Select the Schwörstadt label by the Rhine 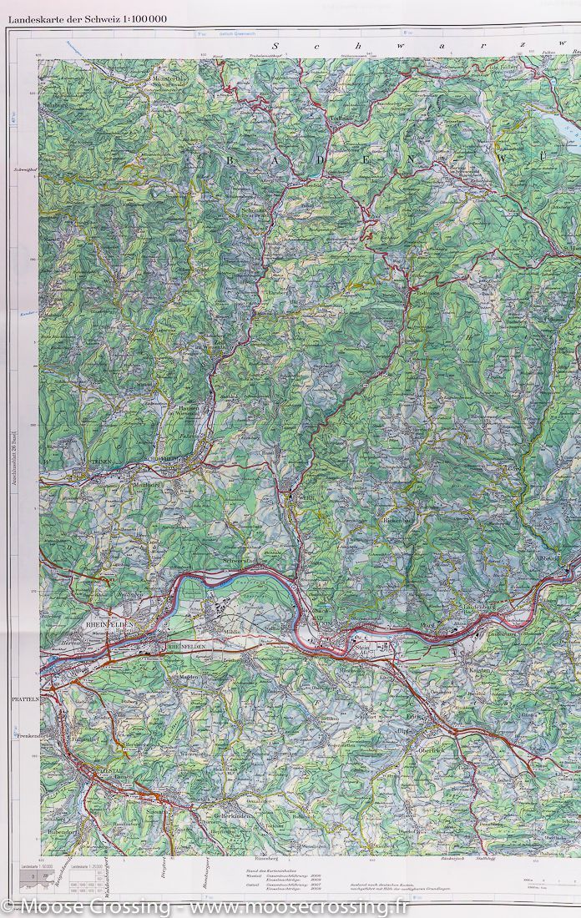[x=242, y=562]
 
